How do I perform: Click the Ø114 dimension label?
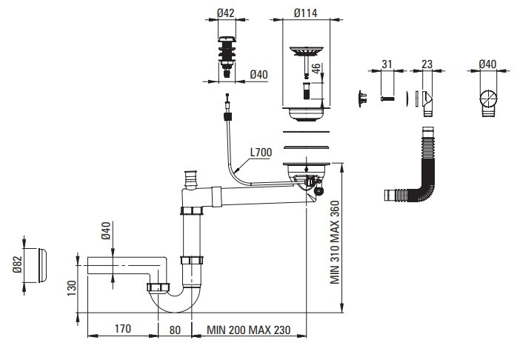(x=305, y=13)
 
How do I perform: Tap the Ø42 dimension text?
(x=225, y=13)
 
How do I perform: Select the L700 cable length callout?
(x=261, y=153)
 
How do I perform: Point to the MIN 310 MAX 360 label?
(x=335, y=242)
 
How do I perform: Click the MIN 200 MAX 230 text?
(x=249, y=330)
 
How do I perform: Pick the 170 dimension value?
(x=123, y=329)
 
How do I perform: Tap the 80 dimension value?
(x=175, y=330)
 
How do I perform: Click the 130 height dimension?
(x=72, y=288)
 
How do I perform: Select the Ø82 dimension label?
(x=17, y=264)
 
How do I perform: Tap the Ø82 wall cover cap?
(x=42, y=265)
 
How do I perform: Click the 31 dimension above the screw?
(x=387, y=64)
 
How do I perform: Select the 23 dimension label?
(x=427, y=64)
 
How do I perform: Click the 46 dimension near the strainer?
(x=316, y=68)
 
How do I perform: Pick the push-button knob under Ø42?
(x=227, y=57)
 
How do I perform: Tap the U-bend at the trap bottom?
(x=175, y=301)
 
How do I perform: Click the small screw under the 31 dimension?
(x=387, y=99)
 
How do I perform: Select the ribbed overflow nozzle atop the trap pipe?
(x=190, y=179)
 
